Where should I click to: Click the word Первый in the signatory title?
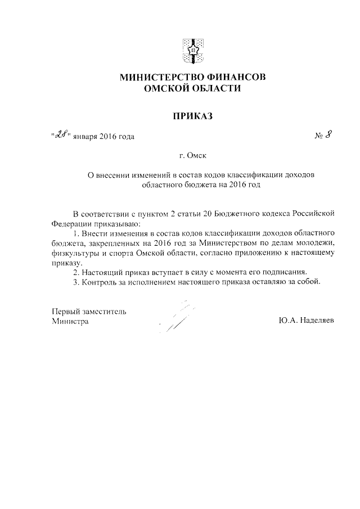[x=65, y=311]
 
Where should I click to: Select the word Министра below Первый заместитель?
[x=70, y=321]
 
